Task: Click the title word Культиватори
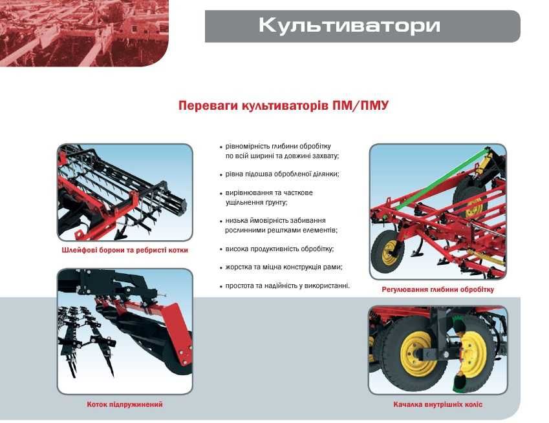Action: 349,26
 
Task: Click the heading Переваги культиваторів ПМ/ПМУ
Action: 283,105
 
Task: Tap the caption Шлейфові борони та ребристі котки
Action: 125,250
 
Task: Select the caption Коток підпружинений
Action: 125,404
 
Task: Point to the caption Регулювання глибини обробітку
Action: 438,289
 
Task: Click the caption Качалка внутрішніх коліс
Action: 438,405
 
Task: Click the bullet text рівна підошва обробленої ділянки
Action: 283,174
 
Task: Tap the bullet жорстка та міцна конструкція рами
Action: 284,267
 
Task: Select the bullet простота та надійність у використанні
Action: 287,285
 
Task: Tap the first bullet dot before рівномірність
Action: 221,147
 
